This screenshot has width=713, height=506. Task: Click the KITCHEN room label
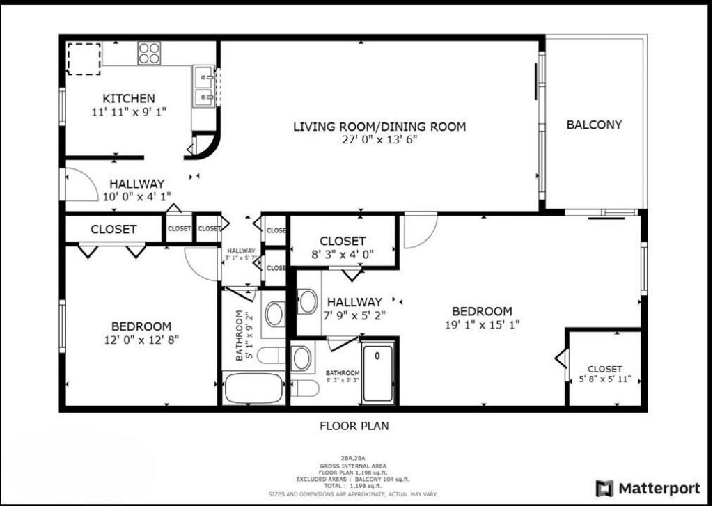[x=129, y=98]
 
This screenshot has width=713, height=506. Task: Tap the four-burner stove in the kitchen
[x=148, y=54]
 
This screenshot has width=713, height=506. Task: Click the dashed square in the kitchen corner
[x=84, y=58]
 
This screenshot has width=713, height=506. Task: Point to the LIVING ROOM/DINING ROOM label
[x=379, y=127]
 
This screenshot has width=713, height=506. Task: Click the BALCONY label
[x=594, y=125]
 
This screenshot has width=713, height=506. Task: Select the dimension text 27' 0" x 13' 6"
[x=379, y=140]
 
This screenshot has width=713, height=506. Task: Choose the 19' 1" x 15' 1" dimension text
[x=482, y=324]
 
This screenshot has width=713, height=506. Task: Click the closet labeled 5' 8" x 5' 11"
[x=604, y=374]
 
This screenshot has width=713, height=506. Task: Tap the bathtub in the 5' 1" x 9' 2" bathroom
[x=253, y=388]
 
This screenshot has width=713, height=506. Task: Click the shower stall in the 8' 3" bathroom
[x=378, y=372]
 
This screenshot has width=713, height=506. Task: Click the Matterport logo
[x=648, y=488]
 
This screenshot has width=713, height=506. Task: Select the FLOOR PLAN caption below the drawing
[x=354, y=425]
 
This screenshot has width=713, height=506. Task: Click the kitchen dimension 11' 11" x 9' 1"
[x=129, y=111]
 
